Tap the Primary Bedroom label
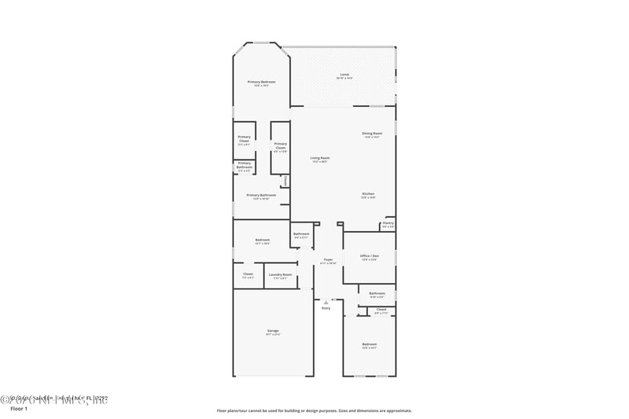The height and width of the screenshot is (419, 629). [x=262, y=83]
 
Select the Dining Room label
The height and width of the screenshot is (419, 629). [x=372, y=134]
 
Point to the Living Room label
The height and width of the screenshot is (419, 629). [x=320, y=159]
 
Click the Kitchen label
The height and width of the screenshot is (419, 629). [x=368, y=195]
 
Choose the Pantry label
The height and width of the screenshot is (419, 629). [x=388, y=224]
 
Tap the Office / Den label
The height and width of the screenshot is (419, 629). [x=370, y=256]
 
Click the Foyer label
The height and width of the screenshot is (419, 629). [x=328, y=260]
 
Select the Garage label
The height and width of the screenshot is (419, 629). [x=273, y=331]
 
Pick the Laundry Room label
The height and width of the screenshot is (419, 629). [x=280, y=275]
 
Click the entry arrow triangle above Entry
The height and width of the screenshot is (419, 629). [x=326, y=301]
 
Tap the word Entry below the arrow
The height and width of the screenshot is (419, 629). [x=326, y=308]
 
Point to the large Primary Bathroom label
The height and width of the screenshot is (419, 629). [x=261, y=196]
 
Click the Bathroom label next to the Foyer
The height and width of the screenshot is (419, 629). [x=301, y=234]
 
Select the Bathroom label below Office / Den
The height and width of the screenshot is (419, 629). [x=377, y=294]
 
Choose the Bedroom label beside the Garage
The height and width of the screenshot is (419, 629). [x=369, y=344]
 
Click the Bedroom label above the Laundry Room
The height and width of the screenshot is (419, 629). [x=263, y=241]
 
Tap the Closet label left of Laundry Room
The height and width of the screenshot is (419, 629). [x=248, y=275]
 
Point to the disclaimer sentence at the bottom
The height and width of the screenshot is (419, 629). [x=314, y=410]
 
